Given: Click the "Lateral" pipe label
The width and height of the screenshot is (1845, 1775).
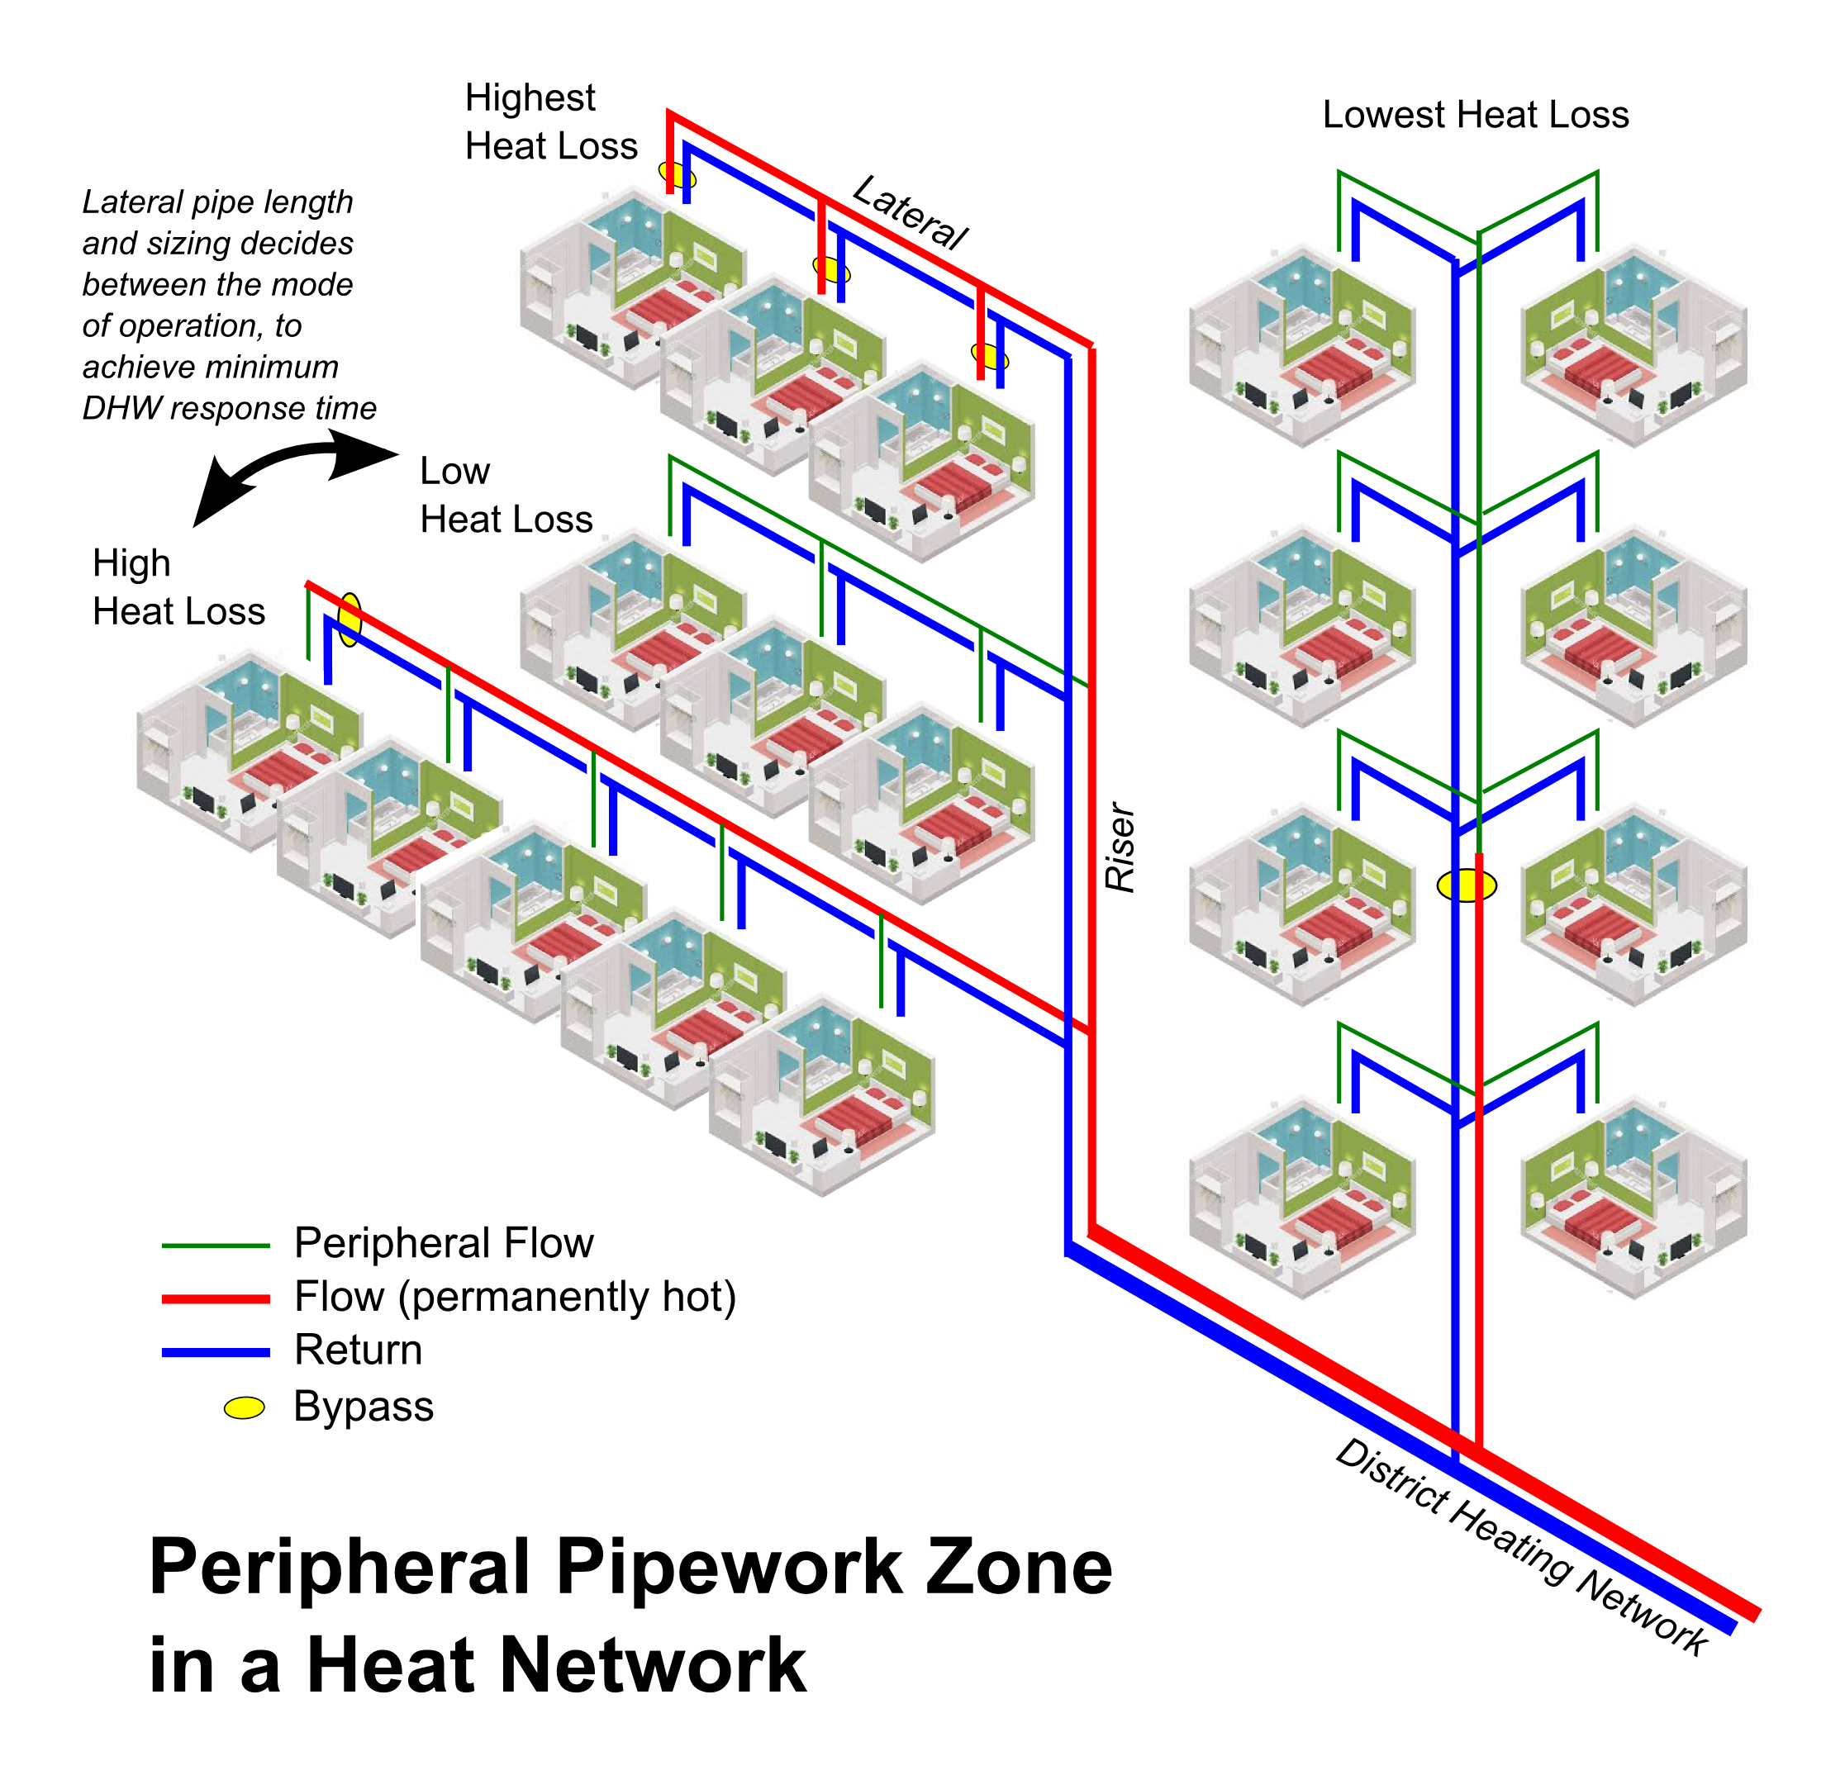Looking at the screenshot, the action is tap(910, 213).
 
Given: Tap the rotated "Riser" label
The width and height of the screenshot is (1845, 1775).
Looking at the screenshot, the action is tap(1120, 847).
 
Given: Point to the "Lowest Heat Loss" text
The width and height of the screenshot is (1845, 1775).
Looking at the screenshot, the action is tap(1475, 115).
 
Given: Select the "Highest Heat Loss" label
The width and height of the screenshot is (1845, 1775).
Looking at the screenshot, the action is tap(550, 121).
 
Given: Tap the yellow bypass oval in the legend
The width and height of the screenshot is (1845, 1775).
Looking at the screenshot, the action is tap(244, 1408).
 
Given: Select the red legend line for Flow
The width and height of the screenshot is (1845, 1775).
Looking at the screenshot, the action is tap(216, 1298).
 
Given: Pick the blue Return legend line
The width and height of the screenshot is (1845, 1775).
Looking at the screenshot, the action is tap(216, 1352).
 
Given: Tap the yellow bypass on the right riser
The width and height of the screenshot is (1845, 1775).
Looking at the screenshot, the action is tap(1466, 885).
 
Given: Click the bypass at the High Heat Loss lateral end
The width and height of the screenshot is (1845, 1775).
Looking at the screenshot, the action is tap(350, 619).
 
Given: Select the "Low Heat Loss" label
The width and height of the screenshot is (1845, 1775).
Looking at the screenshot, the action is tap(506, 495).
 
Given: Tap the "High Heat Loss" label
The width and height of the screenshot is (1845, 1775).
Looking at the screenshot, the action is tap(178, 587).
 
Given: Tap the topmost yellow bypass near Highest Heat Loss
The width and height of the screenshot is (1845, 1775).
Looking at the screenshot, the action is tap(677, 175).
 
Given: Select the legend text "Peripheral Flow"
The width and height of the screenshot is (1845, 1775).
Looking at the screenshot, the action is tap(444, 1243).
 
